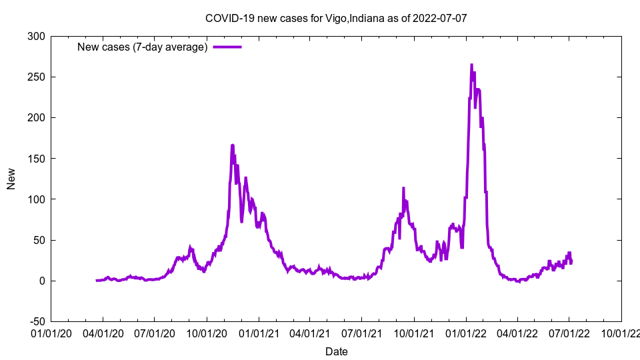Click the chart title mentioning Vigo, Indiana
(x=336, y=18)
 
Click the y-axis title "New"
(x=11, y=179)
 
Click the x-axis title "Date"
(x=336, y=351)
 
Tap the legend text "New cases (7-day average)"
(x=143, y=47)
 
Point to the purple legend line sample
(x=227, y=47)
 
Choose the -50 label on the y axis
(x=35, y=321)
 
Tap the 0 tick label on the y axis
(x=41, y=281)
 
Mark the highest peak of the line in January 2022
(x=471, y=65)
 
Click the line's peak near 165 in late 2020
(x=232, y=145)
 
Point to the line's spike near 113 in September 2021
(x=403, y=189)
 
